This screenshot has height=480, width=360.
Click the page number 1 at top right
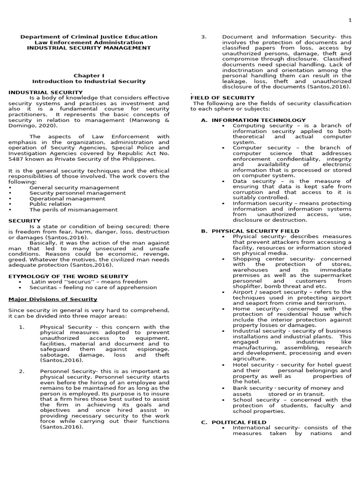coord(350,19)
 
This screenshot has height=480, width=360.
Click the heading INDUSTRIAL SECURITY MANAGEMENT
coord(89,48)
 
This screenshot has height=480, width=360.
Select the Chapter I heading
coord(89,75)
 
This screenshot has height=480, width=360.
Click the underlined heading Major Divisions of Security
coord(53,299)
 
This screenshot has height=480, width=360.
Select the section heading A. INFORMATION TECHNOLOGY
coord(253,120)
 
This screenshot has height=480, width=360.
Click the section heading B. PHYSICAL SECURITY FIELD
coord(250,231)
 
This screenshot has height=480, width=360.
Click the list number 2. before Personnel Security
coord(22,371)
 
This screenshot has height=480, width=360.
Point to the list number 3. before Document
coord(203,37)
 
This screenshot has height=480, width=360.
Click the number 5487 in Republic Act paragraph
coord(18,159)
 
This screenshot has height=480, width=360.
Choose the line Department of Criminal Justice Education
coord(89,37)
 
